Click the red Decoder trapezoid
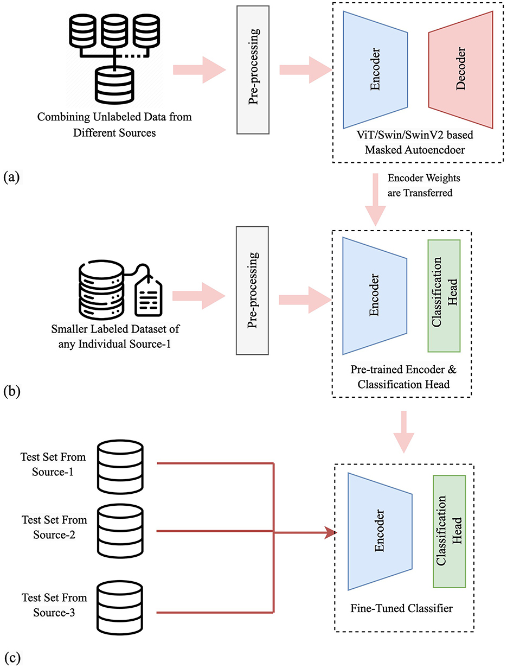(460, 69)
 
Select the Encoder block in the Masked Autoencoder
(375, 69)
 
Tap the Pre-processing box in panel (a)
(253, 69)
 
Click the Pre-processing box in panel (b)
(252, 291)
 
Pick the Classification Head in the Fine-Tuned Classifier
(449, 531)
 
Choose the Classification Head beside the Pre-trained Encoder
(444, 296)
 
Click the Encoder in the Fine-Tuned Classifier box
(380, 531)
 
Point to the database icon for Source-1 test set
(120, 467)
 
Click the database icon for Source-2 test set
(120, 531)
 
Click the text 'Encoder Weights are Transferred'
(423, 186)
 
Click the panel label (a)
(11, 177)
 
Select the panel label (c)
(12, 657)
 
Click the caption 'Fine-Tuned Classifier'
(401, 608)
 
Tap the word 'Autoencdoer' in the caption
(415, 150)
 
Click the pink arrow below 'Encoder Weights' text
(375, 200)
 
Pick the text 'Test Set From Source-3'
(54, 605)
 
